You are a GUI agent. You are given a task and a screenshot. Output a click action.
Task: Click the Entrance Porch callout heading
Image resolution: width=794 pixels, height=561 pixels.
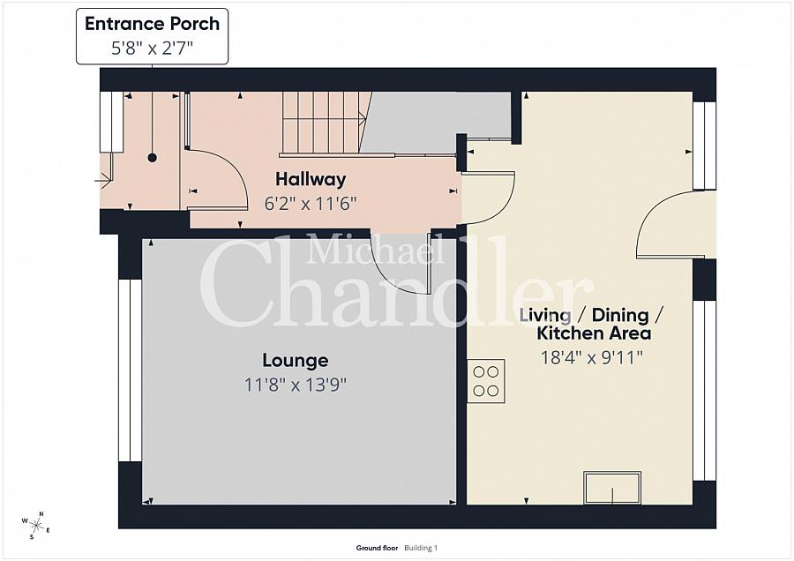click(x=152, y=24)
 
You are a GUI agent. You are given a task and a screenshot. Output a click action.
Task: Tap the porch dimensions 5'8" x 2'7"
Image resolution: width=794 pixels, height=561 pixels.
click(x=152, y=49)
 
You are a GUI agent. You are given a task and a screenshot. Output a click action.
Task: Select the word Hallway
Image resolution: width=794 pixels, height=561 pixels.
click(x=311, y=179)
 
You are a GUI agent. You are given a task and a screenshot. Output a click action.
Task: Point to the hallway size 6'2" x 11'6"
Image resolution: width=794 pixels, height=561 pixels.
click(x=311, y=204)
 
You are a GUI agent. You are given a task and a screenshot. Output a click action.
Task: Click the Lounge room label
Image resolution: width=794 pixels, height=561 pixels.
click(x=296, y=361)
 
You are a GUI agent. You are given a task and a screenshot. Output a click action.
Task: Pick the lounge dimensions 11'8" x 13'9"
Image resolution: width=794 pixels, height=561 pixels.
click(x=296, y=385)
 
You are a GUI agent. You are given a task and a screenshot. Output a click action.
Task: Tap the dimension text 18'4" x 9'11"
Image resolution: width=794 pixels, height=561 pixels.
click(x=591, y=358)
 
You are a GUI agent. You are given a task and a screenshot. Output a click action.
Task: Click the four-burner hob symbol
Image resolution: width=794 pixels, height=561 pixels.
click(x=486, y=381)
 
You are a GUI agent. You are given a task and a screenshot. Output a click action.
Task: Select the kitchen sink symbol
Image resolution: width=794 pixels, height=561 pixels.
click(x=612, y=488)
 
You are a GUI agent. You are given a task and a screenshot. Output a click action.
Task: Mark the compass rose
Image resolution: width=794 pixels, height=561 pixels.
click(x=36, y=526)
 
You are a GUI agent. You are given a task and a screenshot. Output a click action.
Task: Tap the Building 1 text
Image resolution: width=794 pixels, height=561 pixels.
click(x=421, y=548)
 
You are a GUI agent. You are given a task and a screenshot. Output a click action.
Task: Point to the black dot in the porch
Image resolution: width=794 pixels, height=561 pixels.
click(x=152, y=158)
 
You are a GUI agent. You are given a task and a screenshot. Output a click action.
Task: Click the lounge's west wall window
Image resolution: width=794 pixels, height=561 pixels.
click(x=131, y=370)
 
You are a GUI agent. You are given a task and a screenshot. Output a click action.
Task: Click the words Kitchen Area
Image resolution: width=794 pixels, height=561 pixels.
click(x=594, y=333)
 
